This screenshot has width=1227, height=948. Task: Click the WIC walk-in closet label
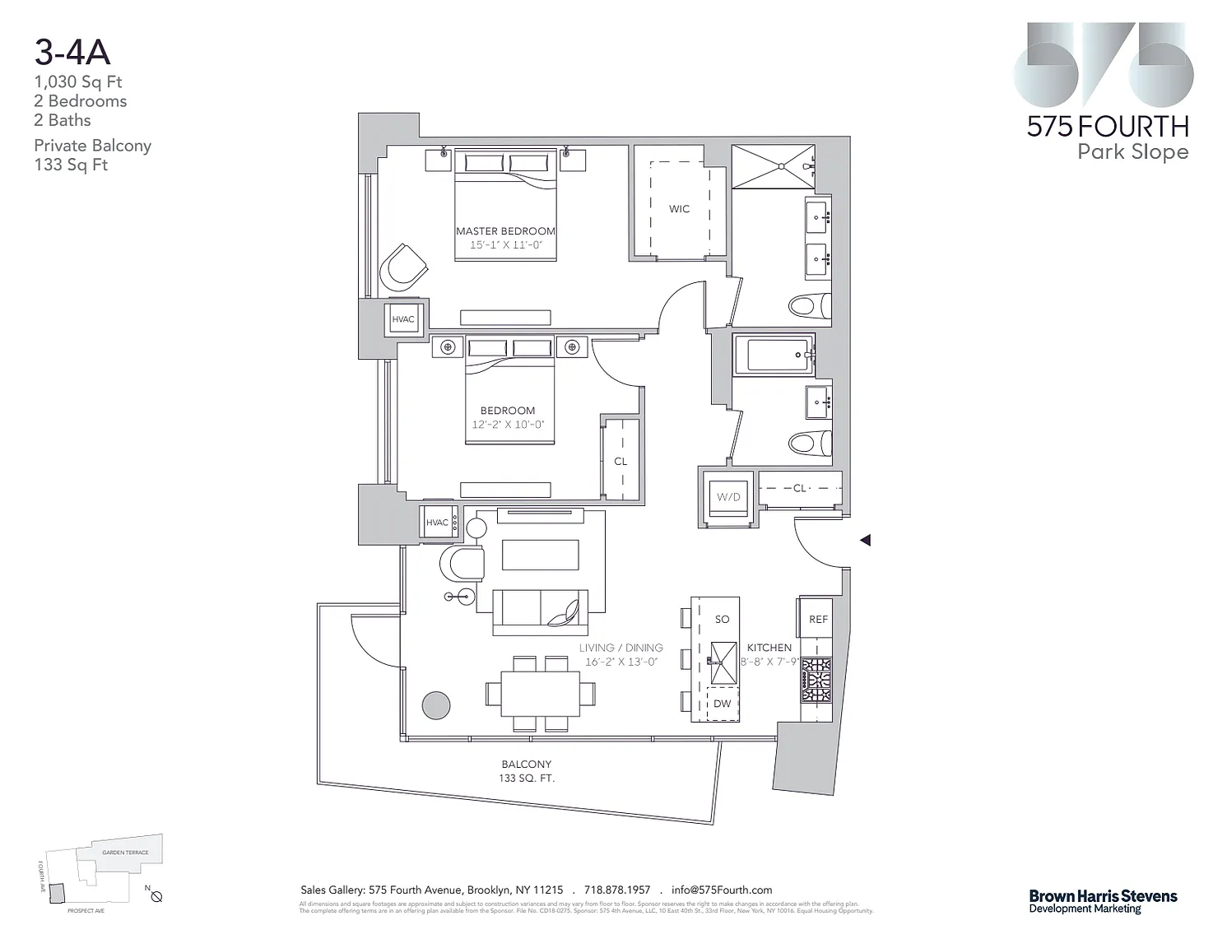[x=679, y=209]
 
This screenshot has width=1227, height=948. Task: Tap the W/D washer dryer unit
[x=728, y=497]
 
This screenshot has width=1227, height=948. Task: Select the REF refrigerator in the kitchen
[x=817, y=619]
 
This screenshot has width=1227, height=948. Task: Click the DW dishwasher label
[x=722, y=704]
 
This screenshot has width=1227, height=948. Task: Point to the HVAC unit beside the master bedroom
[x=403, y=319]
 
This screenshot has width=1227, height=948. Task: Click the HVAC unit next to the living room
[x=437, y=523]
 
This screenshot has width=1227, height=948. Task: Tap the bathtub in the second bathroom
[x=773, y=355]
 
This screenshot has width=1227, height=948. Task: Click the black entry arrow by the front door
[x=865, y=541]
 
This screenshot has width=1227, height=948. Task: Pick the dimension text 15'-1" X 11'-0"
[x=506, y=245]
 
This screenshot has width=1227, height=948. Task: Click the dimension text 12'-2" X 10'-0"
[x=508, y=425]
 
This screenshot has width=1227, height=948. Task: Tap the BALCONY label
[x=527, y=764]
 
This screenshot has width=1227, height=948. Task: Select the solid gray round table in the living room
[x=436, y=705]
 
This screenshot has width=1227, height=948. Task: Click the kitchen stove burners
[x=816, y=680]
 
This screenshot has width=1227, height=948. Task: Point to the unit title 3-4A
[x=72, y=52]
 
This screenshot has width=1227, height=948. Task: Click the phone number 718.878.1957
[x=617, y=890]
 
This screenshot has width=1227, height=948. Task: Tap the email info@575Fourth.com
[x=722, y=890]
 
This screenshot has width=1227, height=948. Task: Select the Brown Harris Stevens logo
[x=1103, y=901]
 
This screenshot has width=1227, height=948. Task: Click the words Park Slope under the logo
[x=1132, y=152]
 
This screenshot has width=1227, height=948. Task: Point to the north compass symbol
[x=156, y=897]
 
